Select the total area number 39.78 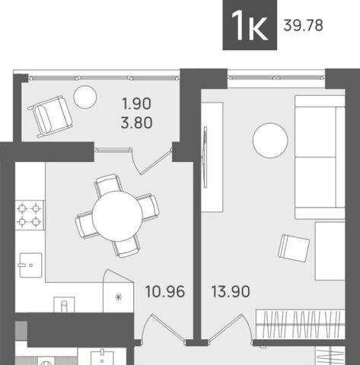[x=303, y=27]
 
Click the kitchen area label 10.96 [x=162, y=290]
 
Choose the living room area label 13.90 [x=231, y=290]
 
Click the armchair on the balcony [x=51, y=116]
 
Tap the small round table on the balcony [x=85, y=96]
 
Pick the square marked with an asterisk [x=118, y=297]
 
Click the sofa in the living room [x=320, y=157]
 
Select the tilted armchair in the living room [x=294, y=247]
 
